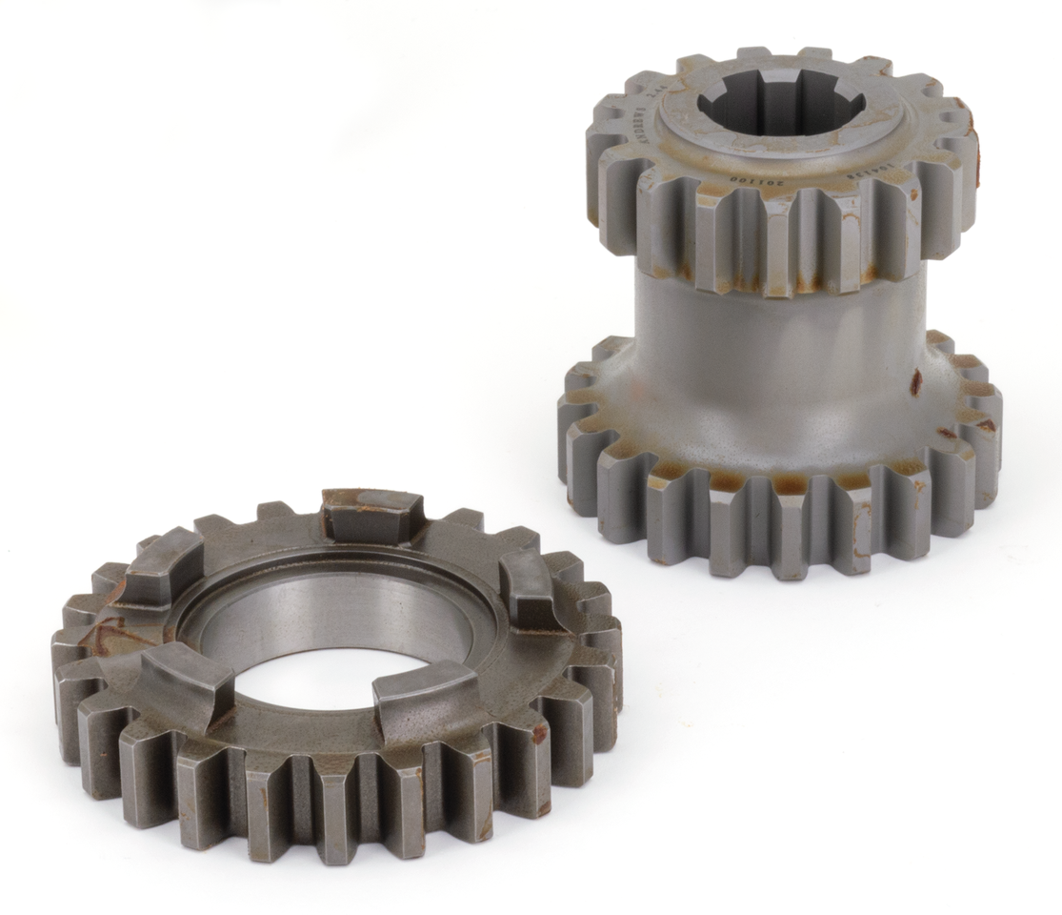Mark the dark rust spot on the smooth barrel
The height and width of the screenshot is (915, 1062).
click(x=916, y=382)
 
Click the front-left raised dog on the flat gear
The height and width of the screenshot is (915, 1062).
click(x=186, y=681)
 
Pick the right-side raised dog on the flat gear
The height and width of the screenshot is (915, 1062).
click(x=530, y=597)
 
